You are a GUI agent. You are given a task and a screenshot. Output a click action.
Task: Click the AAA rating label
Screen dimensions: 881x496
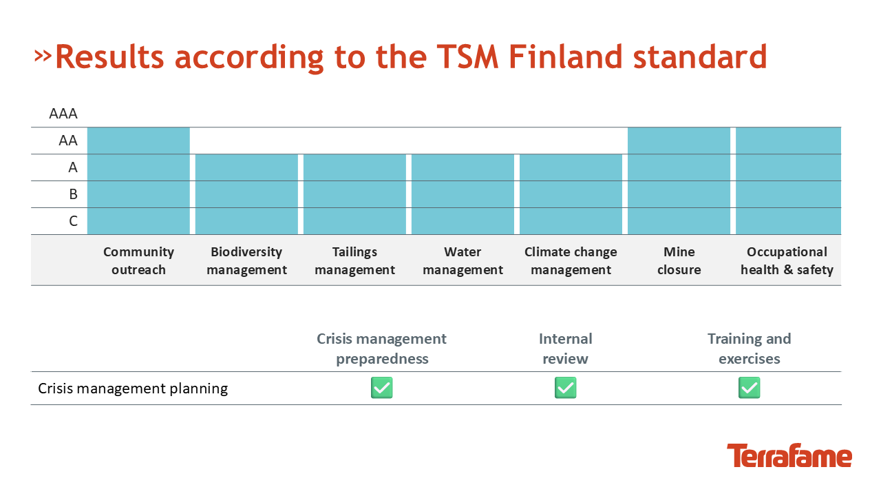coord(63,114)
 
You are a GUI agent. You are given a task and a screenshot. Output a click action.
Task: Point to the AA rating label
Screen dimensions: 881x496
coord(68,141)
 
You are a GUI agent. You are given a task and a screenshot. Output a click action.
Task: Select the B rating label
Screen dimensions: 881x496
coord(73,194)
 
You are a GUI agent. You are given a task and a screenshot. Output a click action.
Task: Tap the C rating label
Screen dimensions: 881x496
coord(73,221)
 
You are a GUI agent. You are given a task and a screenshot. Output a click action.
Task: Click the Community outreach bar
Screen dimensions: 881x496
coord(138,180)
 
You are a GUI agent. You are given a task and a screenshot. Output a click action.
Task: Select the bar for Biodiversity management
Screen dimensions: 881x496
coord(246,194)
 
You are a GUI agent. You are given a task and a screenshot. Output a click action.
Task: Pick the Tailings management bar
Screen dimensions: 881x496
coord(354,194)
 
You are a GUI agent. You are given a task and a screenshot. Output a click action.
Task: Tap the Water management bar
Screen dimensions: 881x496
coord(463,194)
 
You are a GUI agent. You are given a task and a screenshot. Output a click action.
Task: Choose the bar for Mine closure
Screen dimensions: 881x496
coord(679,180)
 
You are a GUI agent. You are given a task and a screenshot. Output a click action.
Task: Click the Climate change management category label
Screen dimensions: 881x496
coord(571,260)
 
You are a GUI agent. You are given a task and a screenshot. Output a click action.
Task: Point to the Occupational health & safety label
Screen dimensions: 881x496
coord(787,260)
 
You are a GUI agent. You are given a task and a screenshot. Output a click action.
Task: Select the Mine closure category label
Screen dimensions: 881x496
coord(679,260)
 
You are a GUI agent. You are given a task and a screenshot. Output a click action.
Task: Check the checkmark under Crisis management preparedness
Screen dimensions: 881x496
coord(382,388)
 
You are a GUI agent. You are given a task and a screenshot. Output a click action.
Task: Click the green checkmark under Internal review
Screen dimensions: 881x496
coord(566,388)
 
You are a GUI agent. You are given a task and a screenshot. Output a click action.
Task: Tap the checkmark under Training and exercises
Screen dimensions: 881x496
coord(750,388)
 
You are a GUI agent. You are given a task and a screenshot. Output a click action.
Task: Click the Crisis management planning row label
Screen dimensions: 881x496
coord(133,389)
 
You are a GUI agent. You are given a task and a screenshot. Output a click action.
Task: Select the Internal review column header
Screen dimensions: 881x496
coord(566,349)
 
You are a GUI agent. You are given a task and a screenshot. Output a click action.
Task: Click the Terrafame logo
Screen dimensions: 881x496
coord(789,455)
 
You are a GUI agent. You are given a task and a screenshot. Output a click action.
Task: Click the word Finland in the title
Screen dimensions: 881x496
coord(566,56)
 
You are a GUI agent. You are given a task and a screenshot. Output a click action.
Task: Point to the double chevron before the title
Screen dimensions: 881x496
coord(43,56)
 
